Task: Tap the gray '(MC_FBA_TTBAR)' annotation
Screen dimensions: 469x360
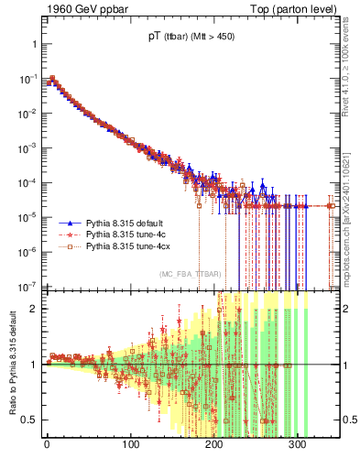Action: pos(190,274)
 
